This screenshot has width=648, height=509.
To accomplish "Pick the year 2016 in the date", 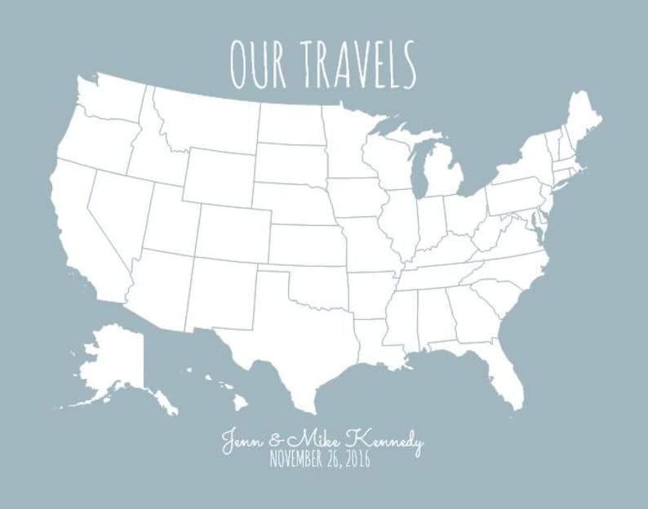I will pos(356,460).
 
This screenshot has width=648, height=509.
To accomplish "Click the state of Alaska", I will pos(114,359).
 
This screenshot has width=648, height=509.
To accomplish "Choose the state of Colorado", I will pos(233,233).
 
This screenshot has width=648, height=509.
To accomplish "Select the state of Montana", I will pos(208,118).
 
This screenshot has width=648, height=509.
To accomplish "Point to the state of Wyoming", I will pos(218,176).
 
